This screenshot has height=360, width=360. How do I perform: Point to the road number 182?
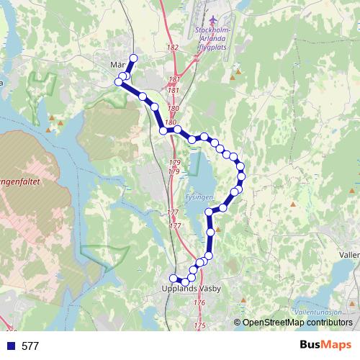[172, 48]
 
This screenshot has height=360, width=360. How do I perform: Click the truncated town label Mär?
[118, 65]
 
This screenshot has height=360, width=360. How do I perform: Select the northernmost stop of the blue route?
[132, 58]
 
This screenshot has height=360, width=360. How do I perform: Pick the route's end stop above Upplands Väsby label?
[173, 279]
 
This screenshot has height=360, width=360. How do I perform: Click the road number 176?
[199, 303]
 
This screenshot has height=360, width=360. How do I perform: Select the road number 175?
[199, 326]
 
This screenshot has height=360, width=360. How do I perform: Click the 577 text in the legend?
[30, 346]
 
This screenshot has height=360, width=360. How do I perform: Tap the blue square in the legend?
[10, 346]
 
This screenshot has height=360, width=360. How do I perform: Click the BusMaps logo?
[325, 346]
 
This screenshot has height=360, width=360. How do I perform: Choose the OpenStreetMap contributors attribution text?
[297, 322]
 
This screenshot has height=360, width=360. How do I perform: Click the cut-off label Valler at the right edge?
[348, 254]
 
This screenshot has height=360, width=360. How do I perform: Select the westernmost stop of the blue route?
[119, 82]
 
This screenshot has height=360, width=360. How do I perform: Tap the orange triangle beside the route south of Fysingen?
[217, 230]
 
